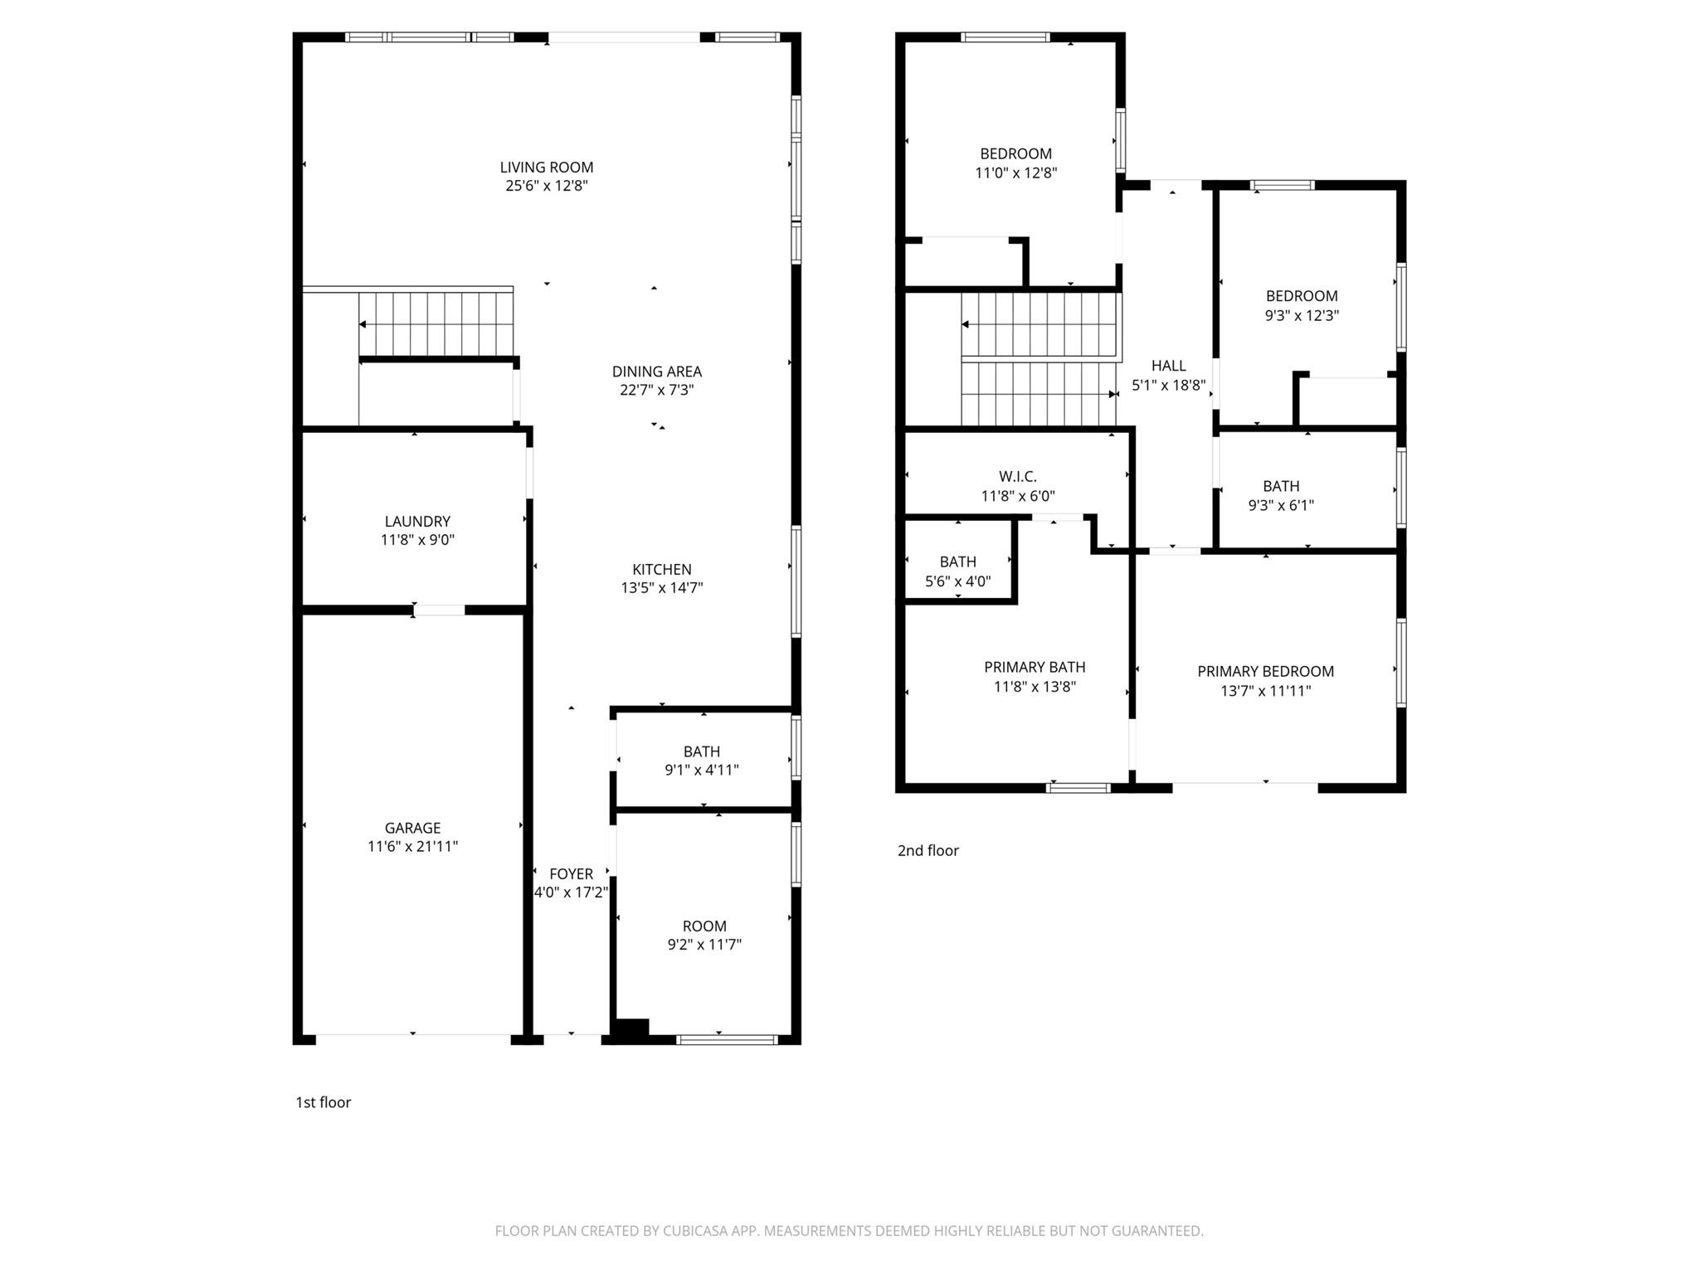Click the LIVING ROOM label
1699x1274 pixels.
pyautogui.click(x=546, y=167)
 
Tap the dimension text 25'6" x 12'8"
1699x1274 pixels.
pyautogui.click(x=546, y=186)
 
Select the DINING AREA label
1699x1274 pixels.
pyautogui.click(x=656, y=372)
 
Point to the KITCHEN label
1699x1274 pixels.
pyautogui.click(x=661, y=569)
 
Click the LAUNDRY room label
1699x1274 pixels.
pyautogui.click(x=417, y=521)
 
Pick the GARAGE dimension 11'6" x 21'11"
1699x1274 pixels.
pyautogui.click(x=412, y=846)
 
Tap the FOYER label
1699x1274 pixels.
pyautogui.click(x=571, y=873)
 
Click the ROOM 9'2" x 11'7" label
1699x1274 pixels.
pyautogui.click(x=703, y=926)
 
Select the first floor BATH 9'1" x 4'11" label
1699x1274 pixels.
pyautogui.click(x=701, y=751)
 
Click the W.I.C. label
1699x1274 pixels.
pyautogui.click(x=1017, y=476)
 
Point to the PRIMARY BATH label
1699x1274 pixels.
pyautogui.click(x=1034, y=667)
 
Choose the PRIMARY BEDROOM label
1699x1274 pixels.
pyautogui.click(x=1265, y=671)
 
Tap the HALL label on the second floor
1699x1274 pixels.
pyautogui.click(x=1168, y=365)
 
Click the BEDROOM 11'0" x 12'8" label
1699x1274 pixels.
pyautogui.click(x=1015, y=153)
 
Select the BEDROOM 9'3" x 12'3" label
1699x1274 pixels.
pyautogui.click(x=1301, y=296)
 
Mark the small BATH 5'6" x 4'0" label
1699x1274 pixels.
pyautogui.click(x=957, y=562)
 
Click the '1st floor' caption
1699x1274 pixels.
pyautogui.click(x=323, y=1101)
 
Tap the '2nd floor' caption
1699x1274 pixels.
pyautogui.click(x=927, y=850)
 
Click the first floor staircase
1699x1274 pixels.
pyautogui.click(x=436, y=323)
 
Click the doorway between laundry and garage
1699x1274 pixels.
pyautogui.click(x=439, y=610)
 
